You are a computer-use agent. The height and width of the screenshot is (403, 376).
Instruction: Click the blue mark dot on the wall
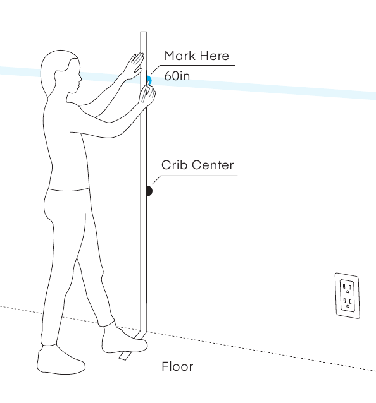click(149, 80)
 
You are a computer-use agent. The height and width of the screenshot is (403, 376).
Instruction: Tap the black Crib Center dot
click(149, 191)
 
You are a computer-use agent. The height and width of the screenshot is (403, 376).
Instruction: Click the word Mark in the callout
click(179, 56)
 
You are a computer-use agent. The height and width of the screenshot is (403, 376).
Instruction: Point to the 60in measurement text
click(177, 76)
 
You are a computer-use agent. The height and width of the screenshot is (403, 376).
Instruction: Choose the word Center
click(212, 165)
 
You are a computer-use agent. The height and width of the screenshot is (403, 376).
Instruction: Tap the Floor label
click(177, 366)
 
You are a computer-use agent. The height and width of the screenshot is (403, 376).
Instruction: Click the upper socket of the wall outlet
click(347, 287)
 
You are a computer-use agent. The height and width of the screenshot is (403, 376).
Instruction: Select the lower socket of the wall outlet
click(348, 302)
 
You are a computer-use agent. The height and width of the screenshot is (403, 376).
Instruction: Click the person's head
click(61, 73)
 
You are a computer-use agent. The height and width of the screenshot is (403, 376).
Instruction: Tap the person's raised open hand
click(134, 66)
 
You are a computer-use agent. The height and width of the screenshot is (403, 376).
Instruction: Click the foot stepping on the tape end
click(124, 339)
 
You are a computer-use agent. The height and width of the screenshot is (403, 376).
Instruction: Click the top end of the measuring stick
click(144, 32)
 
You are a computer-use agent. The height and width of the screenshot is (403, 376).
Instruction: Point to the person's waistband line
click(68, 190)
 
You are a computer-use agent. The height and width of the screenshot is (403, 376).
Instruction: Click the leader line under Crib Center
click(194, 177)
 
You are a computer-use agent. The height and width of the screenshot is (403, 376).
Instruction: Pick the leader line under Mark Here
click(193, 66)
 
